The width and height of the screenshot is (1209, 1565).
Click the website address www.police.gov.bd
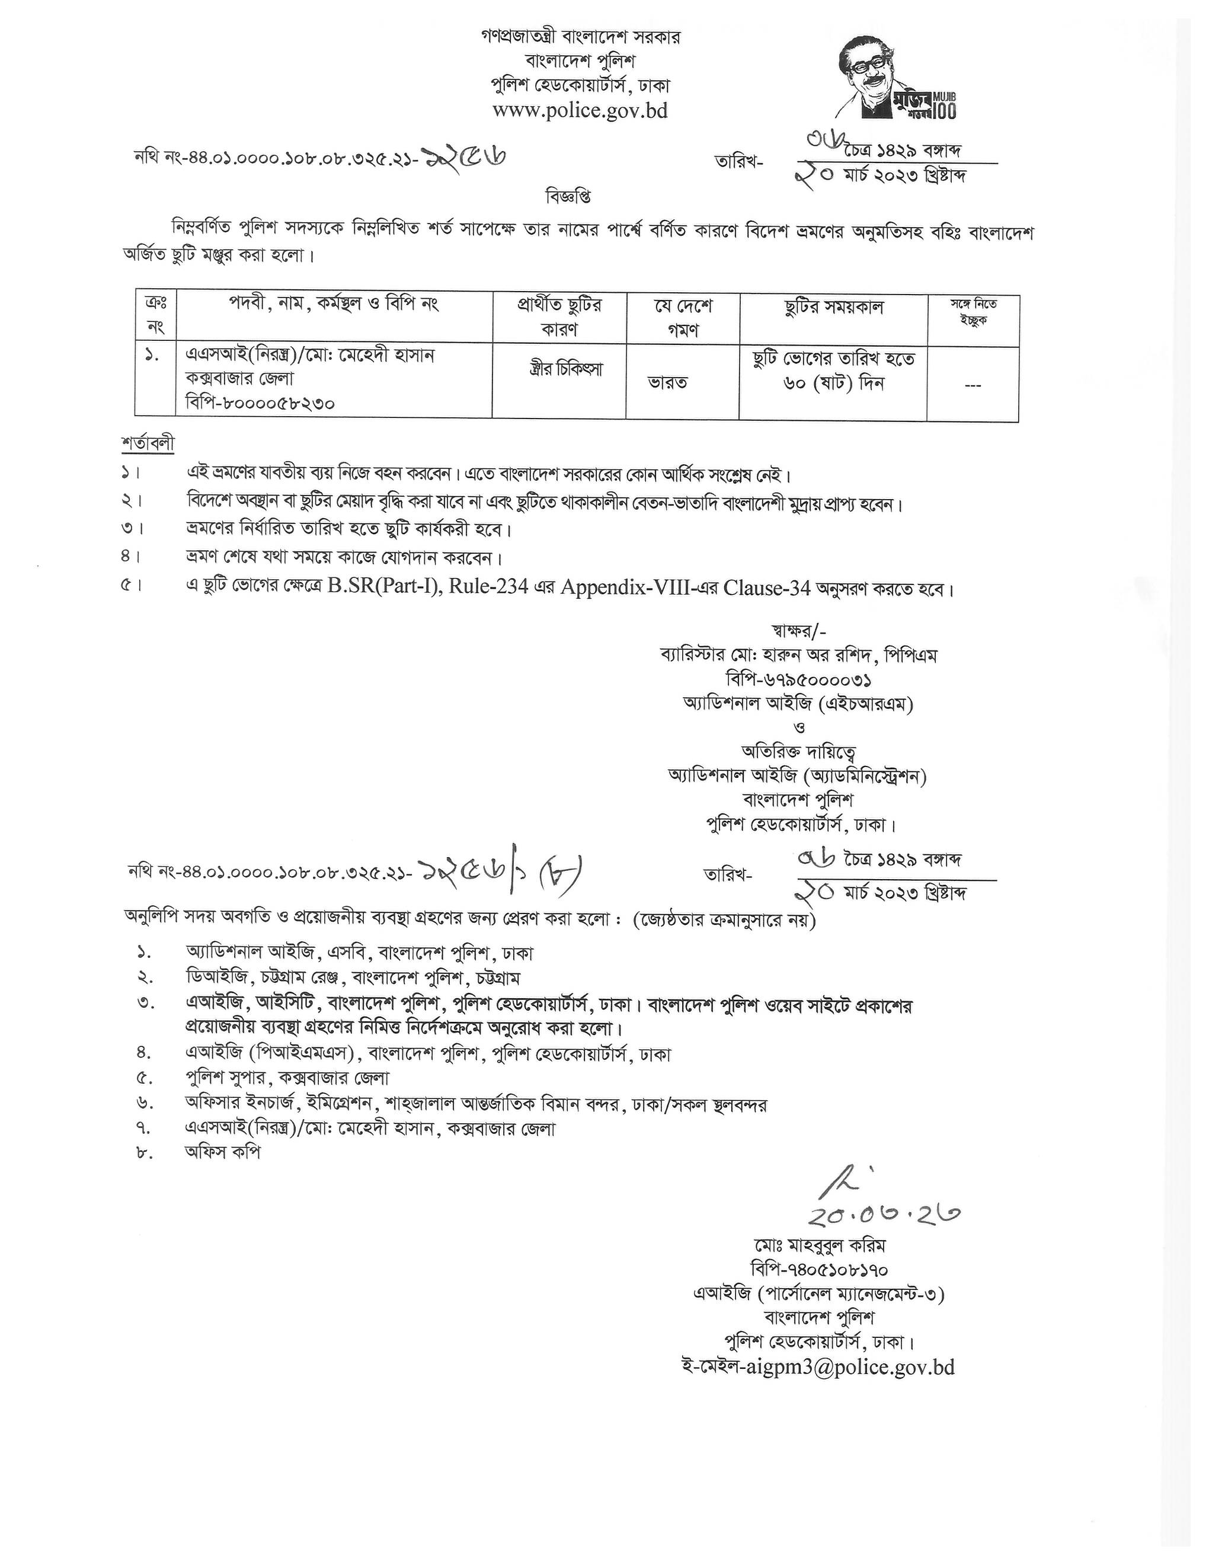point(580,110)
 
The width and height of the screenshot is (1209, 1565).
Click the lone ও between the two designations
point(800,727)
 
